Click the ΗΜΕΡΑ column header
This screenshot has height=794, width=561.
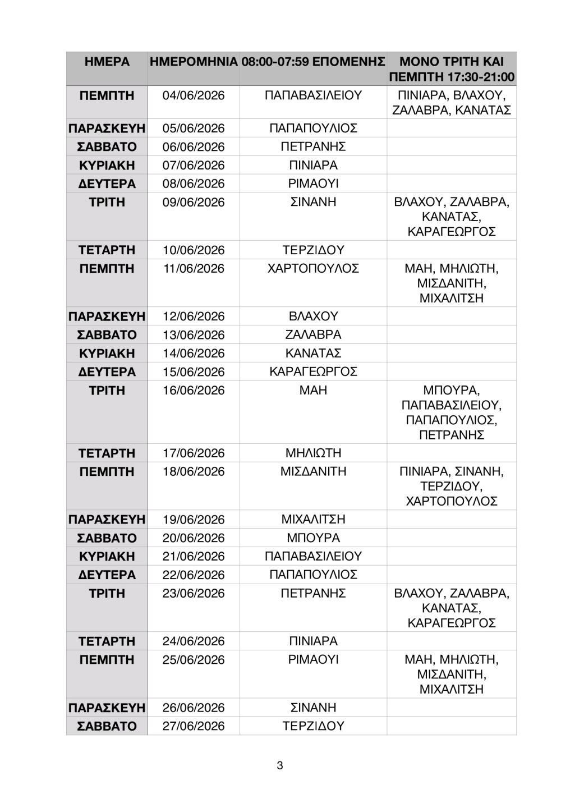107,62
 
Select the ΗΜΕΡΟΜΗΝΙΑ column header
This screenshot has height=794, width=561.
194,62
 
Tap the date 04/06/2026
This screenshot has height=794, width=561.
194,95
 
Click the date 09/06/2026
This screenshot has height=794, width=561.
194,202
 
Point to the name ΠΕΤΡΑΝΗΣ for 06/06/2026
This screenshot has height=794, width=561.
313,147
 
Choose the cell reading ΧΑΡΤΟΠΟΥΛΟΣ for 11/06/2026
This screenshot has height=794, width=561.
313,269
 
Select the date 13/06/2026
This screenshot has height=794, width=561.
194,335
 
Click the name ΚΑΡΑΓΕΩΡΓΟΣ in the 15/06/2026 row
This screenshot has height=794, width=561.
313,372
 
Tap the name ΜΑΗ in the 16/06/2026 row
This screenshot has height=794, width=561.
313,391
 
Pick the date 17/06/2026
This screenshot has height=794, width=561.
194,453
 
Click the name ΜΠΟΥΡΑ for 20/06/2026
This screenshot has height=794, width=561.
313,538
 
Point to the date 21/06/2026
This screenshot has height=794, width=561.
194,557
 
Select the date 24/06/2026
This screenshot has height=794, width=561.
194,641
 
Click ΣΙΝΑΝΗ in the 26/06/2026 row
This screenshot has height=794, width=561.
313,708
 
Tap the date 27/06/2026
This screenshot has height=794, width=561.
194,726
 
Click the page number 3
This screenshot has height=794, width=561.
280,765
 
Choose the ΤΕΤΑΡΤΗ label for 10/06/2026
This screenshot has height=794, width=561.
107,250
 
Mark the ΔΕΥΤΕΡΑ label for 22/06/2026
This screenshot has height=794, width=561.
107,575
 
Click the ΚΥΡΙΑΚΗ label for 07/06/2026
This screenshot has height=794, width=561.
107,166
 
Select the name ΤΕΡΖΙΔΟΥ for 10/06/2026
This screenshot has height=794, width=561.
313,250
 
